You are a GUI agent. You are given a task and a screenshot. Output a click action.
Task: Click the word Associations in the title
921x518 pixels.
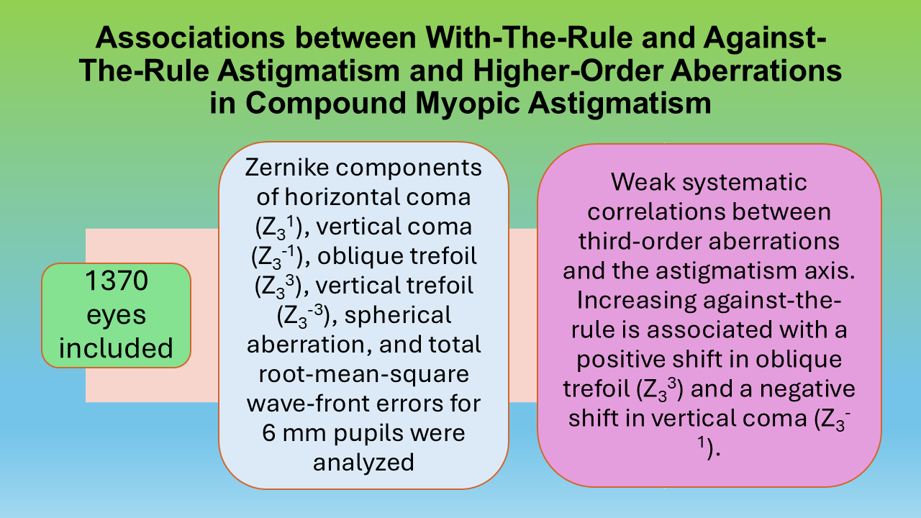(x=190, y=38)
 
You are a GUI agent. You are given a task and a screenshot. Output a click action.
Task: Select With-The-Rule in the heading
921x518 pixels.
(x=529, y=38)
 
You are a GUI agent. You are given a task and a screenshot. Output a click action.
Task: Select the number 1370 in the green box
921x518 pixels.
(x=117, y=281)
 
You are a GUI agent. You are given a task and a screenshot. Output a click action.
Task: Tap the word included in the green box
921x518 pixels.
(x=116, y=347)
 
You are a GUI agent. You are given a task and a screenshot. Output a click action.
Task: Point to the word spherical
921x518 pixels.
(x=398, y=316)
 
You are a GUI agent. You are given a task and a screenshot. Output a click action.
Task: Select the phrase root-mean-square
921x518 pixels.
(x=364, y=375)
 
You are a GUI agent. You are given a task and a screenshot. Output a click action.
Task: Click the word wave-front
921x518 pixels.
(x=306, y=404)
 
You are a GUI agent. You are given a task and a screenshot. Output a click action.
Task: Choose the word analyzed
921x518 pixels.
(x=363, y=463)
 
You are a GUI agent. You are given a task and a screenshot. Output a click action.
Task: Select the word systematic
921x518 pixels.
(x=745, y=183)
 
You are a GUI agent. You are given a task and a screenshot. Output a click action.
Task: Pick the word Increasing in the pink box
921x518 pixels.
(x=637, y=301)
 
